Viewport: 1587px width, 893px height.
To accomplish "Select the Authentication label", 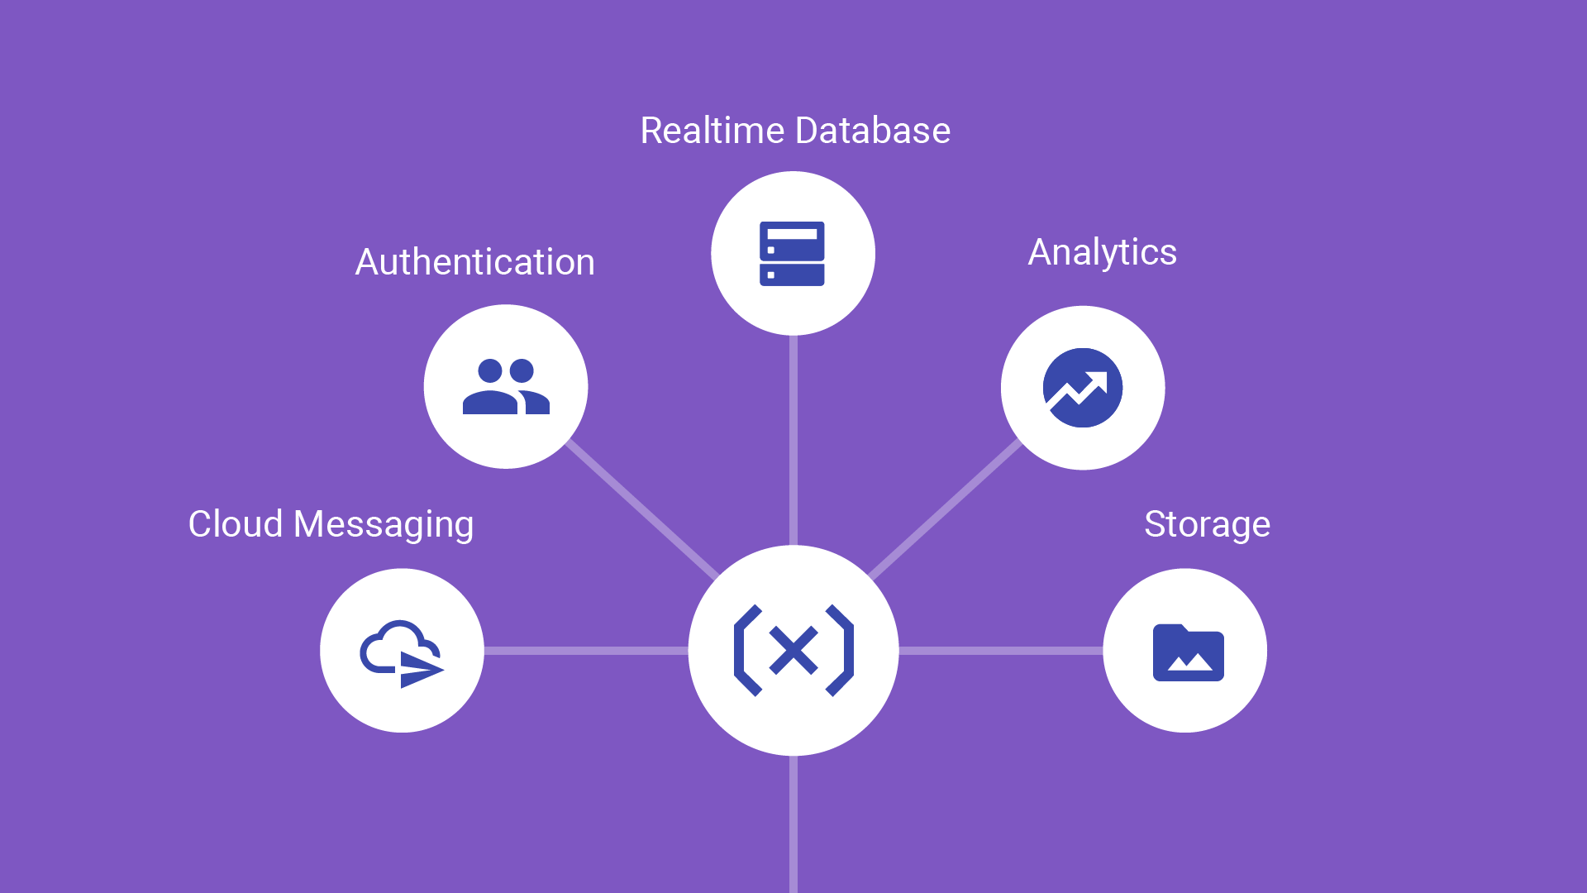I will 474,262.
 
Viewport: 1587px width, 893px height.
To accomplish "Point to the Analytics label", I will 1102,252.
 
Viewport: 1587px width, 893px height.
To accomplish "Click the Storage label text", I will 1207,524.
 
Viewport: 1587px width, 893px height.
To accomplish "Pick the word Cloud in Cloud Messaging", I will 236,524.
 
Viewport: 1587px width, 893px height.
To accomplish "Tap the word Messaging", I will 383,525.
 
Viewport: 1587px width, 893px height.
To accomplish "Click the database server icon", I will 792,253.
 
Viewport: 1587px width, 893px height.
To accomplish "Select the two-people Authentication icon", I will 506,386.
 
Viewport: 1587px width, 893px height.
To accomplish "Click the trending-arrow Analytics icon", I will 1083,388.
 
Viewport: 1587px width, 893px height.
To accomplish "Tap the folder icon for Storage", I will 1188,652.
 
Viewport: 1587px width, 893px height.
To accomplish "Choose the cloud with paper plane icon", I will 402,652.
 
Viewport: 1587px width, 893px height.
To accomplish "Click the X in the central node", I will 793,650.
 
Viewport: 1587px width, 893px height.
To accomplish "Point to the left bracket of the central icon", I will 746,650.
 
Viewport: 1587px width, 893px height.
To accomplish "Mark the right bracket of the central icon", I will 841,650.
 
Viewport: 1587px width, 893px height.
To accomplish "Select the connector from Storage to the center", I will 1000,651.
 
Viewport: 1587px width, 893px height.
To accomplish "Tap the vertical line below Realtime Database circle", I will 793,438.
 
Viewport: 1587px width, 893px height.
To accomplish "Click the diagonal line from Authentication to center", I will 641,509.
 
